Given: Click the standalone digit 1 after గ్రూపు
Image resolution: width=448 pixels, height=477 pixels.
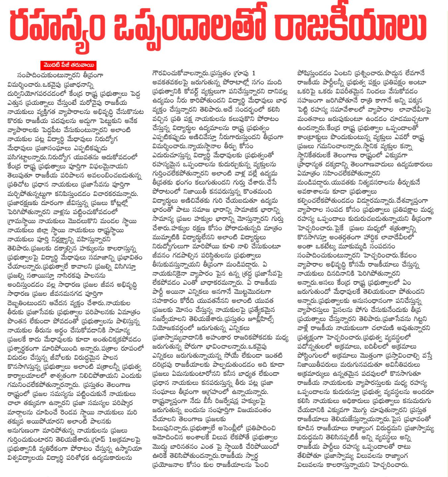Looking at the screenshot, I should click(254, 73).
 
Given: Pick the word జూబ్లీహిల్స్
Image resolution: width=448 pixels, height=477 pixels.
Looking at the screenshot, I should click(260, 319).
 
